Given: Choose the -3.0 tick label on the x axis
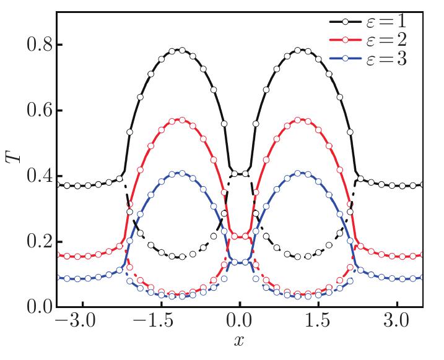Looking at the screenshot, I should coord(77,323).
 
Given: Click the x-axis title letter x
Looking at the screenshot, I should coord(239,341).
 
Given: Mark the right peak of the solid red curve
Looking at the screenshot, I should coord(300,119).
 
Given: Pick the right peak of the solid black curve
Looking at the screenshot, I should coord(300,49).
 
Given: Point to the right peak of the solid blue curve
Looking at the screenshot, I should coord(300,173).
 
